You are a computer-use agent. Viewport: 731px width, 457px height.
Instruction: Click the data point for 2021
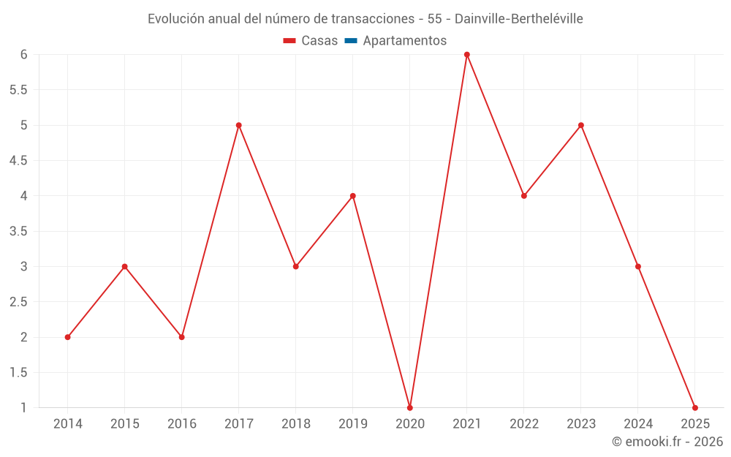pos(467,55)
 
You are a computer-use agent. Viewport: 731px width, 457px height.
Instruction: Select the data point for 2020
pos(410,407)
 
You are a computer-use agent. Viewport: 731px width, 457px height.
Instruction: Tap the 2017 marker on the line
pos(239,125)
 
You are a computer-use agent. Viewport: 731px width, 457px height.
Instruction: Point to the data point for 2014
pos(68,337)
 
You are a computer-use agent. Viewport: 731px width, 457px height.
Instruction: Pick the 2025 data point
pos(695,407)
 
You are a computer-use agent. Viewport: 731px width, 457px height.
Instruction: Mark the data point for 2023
pos(581,125)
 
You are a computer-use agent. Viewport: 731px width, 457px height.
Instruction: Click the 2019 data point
pos(353,196)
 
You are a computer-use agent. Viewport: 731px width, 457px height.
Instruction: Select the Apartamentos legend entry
pos(404,41)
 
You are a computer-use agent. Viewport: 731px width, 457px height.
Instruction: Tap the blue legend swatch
pos(351,41)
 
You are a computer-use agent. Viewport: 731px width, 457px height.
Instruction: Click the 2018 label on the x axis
pos(296,424)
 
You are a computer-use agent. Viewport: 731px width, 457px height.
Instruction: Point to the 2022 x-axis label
pos(524,424)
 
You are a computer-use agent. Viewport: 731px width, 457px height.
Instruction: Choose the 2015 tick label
pos(125,424)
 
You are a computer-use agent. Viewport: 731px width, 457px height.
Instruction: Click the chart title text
pos(365,19)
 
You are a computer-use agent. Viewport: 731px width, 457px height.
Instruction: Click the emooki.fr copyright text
pos(667,442)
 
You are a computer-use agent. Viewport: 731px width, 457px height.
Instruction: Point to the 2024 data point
pos(638,266)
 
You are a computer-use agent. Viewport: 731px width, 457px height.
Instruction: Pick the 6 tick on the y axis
pos(23,55)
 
